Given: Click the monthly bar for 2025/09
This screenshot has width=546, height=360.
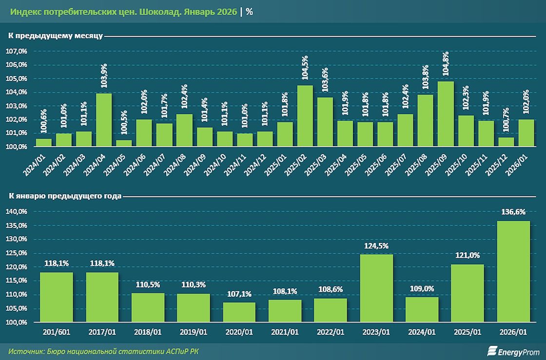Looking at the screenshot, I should click(446, 114).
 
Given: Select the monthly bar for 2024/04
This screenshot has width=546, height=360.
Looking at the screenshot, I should click(104, 120).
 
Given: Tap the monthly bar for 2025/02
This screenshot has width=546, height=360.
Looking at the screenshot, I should click(305, 116).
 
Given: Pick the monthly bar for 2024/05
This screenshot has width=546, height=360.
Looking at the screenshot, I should click(124, 143).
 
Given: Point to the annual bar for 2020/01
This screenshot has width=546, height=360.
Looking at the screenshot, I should click(239, 312).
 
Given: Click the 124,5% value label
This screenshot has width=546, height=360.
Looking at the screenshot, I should click(376, 246).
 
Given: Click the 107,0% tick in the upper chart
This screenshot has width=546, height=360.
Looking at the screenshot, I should click(17, 51).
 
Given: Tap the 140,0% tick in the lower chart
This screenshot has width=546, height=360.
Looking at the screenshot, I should click(17, 211).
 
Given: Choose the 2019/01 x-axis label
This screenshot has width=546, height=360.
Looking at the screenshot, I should click(193, 332).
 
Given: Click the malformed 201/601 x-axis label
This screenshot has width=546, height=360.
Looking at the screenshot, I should click(57, 332).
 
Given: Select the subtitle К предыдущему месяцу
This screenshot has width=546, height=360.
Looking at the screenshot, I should click(55, 36).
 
